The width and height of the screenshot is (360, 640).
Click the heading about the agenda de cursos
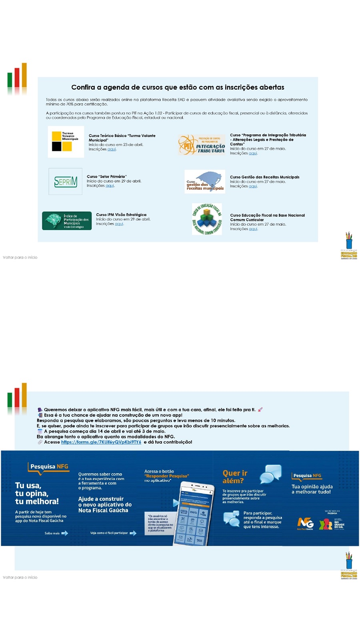click(178, 87)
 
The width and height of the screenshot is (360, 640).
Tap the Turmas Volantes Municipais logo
click(66, 142)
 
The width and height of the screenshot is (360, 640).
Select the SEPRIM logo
click(66, 182)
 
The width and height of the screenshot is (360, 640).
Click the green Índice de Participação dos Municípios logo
click(67, 221)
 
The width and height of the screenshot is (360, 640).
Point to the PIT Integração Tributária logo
click(202, 145)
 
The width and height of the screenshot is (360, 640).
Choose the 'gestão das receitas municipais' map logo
click(205, 182)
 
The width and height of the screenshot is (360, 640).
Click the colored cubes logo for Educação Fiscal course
click(207, 219)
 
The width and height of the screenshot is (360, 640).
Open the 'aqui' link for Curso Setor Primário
click(110, 186)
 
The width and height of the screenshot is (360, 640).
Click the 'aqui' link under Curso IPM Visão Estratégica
click(119, 224)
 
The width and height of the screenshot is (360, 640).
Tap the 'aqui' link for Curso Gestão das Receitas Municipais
click(253, 186)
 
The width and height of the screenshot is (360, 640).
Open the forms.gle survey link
click(101, 442)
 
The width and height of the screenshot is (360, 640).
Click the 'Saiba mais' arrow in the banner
click(64, 533)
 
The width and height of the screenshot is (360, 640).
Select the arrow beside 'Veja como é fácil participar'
click(133, 533)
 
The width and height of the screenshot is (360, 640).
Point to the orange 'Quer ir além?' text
click(235, 477)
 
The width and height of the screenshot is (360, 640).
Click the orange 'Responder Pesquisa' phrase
click(167, 476)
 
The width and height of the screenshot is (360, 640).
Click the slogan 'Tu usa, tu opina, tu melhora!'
click(37, 494)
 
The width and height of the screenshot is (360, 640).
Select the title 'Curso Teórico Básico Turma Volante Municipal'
click(122, 138)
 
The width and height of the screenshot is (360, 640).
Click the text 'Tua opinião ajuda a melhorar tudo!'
click(312, 489)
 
